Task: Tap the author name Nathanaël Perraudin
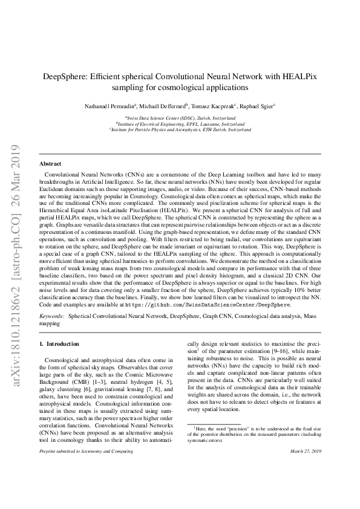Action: coord(113,105)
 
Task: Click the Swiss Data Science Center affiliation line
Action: coord(180,117)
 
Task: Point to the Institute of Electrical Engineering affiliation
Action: coord(180,123)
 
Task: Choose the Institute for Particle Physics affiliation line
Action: coord(180,129)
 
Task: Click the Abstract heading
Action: coord(50,164)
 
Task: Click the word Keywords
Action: coord(51,316)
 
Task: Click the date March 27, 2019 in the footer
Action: coord(306,468)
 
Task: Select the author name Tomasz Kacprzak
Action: coord(215,105)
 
